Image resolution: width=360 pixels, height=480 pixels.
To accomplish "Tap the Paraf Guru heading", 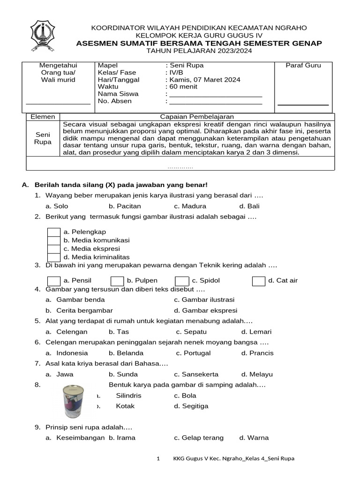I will pos(303,66).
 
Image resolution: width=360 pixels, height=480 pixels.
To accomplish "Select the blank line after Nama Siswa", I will pos(216,94).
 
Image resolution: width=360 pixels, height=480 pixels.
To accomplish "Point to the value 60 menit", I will pos(183,87).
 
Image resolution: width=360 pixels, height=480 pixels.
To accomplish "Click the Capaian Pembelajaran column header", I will pos(197,117).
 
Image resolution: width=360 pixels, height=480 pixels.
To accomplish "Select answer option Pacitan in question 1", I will pos(125,206).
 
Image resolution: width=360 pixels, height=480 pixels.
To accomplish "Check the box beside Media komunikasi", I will pos(54,240).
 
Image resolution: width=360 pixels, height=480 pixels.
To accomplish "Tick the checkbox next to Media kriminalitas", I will pos(54,257).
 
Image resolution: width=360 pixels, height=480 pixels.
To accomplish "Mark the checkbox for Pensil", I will pos(54,281).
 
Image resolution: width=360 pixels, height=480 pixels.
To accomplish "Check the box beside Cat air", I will pos(258,281).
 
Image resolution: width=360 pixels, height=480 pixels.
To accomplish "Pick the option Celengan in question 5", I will pos(72,332).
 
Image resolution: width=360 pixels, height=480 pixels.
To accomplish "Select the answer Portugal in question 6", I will pos(196,353).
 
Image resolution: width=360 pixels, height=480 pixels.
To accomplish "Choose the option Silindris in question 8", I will pos(128,396).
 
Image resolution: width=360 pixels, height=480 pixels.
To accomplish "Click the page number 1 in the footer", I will pos(158,458).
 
